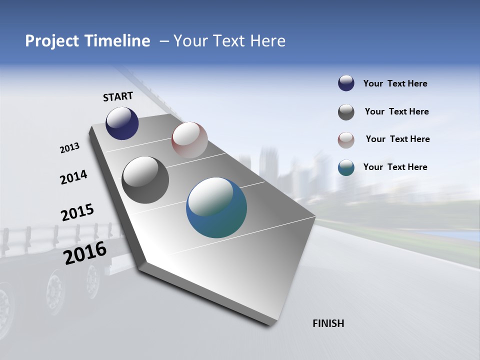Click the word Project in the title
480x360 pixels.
pyautogui.click(x=50, y=41)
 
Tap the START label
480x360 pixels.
pyautogui.click(x=118, y=96)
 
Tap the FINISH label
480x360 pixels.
pyautogui.click(x=328, y=323)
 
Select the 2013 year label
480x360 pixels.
pyautogui.click(x=70, y=148)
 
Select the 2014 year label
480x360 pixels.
pyautogui.click(x=74, y=177)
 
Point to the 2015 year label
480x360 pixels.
pyautogui.click(x=77, y=212)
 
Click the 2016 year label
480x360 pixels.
pyautogui.click(x=85, y=252)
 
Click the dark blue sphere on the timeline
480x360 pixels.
pyautogui.click(x=122, y=123)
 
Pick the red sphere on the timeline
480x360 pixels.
pyautogui.click(x=189, y=140)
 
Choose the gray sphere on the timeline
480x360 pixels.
pyautogui.click(x=145, y=180)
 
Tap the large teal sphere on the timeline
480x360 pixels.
pyautogui.click(x=216, y=207)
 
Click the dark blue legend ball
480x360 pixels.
pyautogui.click(x=346, y=83)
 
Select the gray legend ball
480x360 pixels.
pyautogui.click(x=346, y=112)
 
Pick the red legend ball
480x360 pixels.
pyautogui.click(x=346, y=140)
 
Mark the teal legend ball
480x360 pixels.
pyautogui.click(x=346, y=167)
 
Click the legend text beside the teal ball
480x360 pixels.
pyautogui.click(x=395, y=167)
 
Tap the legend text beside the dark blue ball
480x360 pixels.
pyautogui.click(x=395, y=83)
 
